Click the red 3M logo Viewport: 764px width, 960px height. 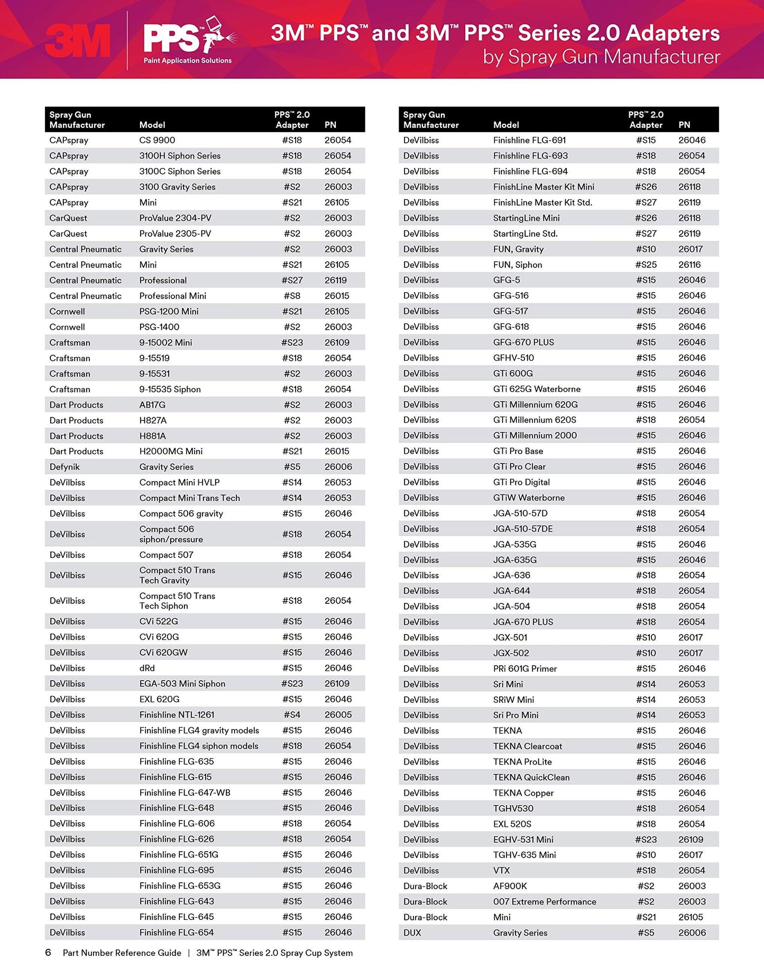click(x=78, y=41)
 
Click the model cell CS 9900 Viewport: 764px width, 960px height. click(x=157, y=140)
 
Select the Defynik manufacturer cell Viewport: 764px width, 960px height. click(x=65, y=467)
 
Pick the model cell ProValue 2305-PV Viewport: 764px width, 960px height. click(x=175, y=234)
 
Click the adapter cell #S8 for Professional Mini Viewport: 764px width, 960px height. click(x=292, y=296)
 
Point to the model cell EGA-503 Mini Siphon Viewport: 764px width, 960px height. click(x=182, y=684)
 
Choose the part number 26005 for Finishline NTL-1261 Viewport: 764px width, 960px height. click(x=338, y=715)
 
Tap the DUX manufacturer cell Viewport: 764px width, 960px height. click(x=412, y=933)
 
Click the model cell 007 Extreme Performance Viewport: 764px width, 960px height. click(x=545, y=901)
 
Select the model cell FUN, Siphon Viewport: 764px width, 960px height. click(x=517, y=265)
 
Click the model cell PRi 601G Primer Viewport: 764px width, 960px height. click(x=524, y=668)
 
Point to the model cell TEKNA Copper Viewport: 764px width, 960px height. click(x=523, y=793)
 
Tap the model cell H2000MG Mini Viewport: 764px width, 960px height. click(x=171, y=451)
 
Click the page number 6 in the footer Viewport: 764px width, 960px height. click(x=48, y=953)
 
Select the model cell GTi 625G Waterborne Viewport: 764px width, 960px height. click(x=537, y=389)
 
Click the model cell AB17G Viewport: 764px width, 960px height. click(x=152, y=405)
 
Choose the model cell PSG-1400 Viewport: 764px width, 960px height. click(x=159, y=327)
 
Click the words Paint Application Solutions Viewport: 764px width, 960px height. click(x=187, y=61)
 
